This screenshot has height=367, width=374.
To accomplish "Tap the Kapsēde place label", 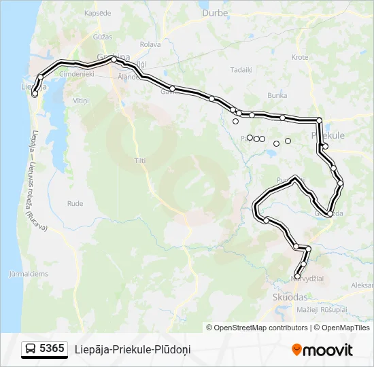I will (98, 14).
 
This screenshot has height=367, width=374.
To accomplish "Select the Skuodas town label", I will (289, 297).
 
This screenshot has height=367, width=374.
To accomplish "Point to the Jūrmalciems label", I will (29, 274).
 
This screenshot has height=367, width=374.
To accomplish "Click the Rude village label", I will (75, 203).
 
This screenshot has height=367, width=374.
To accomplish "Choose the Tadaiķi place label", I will (241, 69).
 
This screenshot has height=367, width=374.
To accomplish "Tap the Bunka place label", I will (277, 95).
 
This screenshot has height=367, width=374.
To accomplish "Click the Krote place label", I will (300, 58).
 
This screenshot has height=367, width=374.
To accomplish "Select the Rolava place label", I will (149, 45).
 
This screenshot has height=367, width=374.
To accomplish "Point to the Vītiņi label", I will (81, 100).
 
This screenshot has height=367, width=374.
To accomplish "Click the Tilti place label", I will (140, 160).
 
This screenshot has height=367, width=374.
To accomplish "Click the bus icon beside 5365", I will (31, 349).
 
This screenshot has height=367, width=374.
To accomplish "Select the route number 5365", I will (52, 349).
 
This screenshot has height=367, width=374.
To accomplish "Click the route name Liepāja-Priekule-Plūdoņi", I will (133, 349).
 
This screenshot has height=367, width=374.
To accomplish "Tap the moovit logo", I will (322, 349).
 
